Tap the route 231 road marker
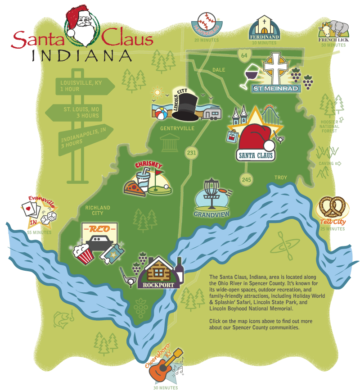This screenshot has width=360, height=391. (192, 153)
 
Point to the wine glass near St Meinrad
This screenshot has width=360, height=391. (251, 76)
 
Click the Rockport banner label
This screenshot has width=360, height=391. (159, 285)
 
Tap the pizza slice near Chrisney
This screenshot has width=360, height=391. (135, 187)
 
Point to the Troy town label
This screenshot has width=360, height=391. (280, 177)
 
